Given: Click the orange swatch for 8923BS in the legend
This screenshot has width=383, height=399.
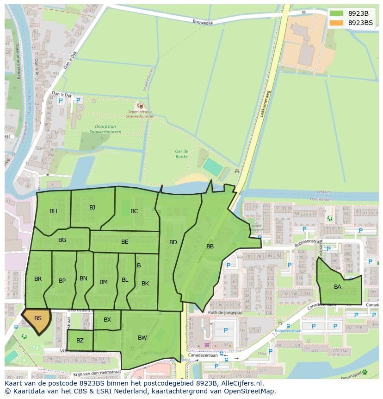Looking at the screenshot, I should (x=336, y=23).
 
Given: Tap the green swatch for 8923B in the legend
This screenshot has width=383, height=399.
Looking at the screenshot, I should (x=336, y=13).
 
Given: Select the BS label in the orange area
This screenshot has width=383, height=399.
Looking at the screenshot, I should (x=38, y=318).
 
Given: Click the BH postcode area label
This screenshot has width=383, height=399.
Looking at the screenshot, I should (x=54, y=211).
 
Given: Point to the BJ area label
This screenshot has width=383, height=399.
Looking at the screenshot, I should (x=92, y=207).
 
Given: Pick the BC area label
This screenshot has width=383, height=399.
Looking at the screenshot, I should (x=134, y=211).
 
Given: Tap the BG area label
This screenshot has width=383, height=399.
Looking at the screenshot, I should (x=62, y=240).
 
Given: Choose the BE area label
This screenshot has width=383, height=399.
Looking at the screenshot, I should (x=125, y=242).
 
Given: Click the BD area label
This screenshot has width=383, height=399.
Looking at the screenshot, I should (x=173, y=242).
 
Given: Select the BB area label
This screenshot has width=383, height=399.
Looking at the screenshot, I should (x=210, y=247).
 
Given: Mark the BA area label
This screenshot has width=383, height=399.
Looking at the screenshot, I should (x=338, y=287).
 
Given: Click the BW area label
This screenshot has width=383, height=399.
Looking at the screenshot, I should (x=142, y=338).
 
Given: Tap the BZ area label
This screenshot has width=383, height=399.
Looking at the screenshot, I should (x=80, y=341).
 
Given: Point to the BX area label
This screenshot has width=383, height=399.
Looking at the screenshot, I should (x=107, y=320).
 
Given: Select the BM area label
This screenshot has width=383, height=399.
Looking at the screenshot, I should (x=104, y=282).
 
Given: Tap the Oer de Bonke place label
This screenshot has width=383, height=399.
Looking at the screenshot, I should (x=181, y=154).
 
